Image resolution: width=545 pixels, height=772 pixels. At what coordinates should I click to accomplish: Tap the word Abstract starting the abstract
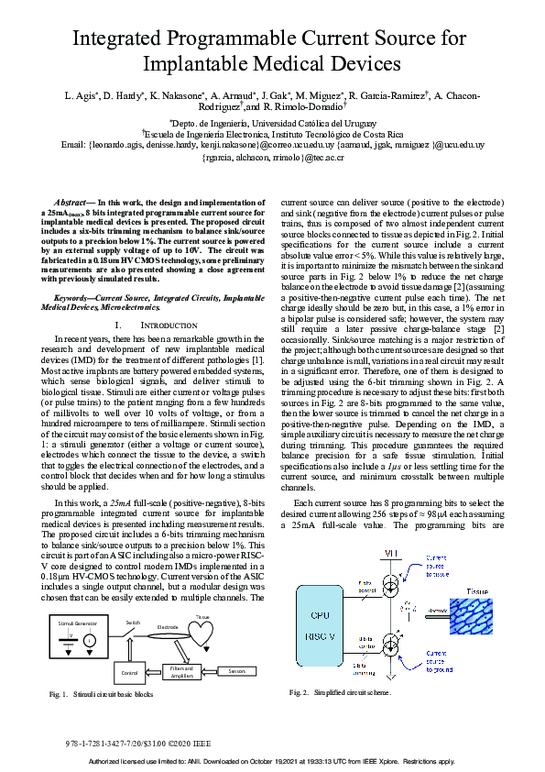pos(71,201)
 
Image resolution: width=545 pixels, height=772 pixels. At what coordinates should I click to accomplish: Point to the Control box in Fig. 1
pos(129,672)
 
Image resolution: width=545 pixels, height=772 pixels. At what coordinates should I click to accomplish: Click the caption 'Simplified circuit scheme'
pos(353,692)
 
